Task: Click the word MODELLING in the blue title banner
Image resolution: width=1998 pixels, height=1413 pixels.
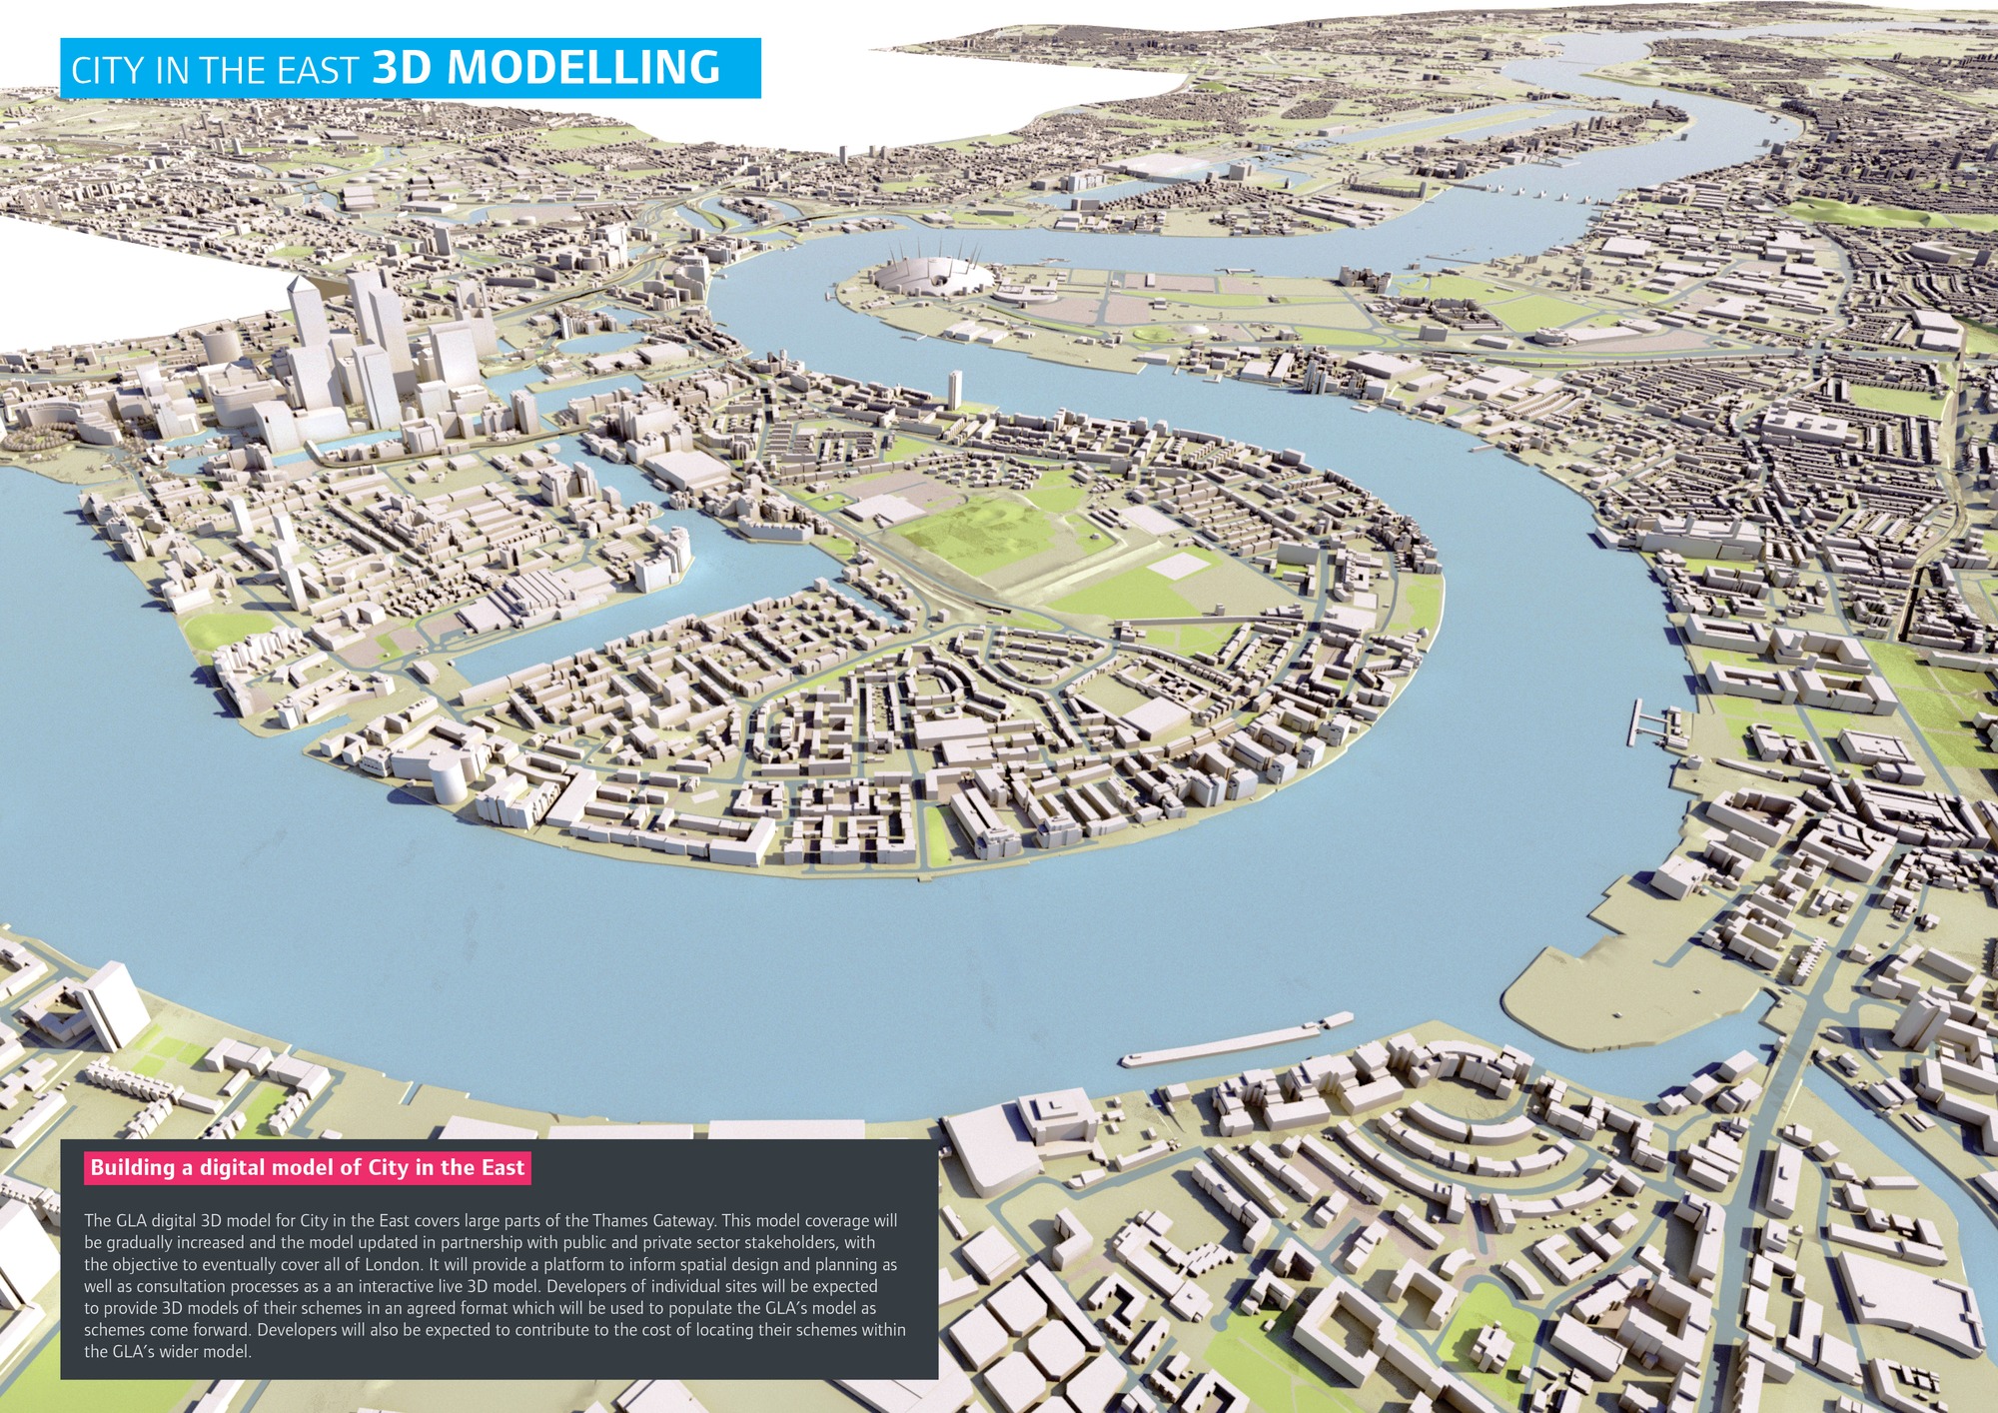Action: (x=582, y=67)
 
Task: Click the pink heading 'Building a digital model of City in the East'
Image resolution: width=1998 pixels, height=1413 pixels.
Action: (x=308, y=1167)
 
